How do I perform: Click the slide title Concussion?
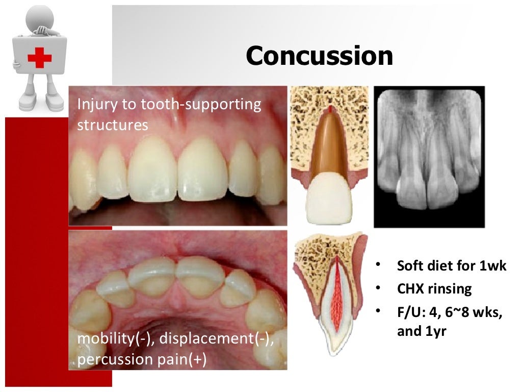click(x=319, y=57)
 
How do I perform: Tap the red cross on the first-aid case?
click(x=39, y=58)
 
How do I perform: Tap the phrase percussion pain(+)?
click(x=142, y=359)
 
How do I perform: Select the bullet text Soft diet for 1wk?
click(x=452, y=266)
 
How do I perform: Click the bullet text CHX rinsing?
click(x=434, y=289)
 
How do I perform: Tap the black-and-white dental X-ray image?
click(x=429, y=156)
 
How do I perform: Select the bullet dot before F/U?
click(x=378, y=311)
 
